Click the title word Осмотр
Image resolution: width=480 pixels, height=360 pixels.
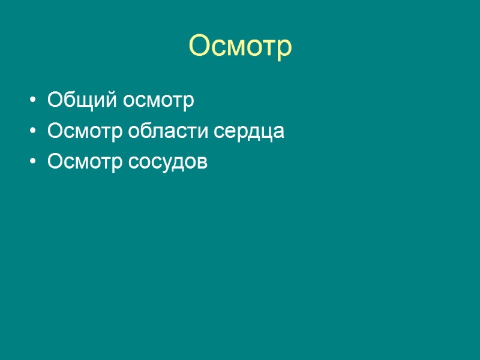(240, 47)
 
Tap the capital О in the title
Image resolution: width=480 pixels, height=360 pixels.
(200, 46)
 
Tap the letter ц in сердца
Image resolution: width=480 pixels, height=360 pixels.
(266, 133)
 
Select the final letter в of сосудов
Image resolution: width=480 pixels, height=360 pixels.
(202, 163)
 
